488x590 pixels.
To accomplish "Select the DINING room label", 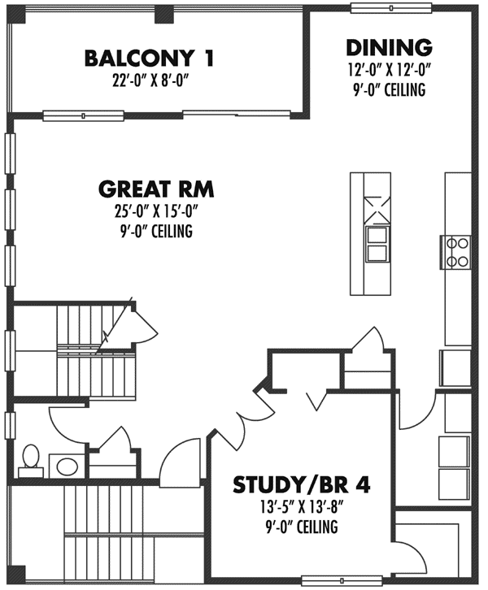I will [x=388, y=47].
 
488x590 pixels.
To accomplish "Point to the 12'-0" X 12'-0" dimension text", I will [x=388, y=71].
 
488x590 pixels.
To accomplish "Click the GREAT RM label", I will [x=155, y=190].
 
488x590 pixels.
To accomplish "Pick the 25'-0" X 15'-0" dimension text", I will [x=155, y=213].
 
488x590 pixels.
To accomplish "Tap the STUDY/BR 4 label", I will [x=302, y=485].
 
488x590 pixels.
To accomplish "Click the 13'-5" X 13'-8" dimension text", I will [x=302, y=509].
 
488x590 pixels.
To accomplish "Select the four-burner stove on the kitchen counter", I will [x=458, y=251].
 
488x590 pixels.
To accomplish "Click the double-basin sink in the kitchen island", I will [x=377, y=243].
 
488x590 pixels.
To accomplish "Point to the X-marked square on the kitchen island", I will [x=377, y=208].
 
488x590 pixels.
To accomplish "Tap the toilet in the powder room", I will [x=31, y=459].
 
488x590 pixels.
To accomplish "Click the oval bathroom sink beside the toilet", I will [x=66, y=466].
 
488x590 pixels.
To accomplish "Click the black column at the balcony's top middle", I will [x=163, y=13].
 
